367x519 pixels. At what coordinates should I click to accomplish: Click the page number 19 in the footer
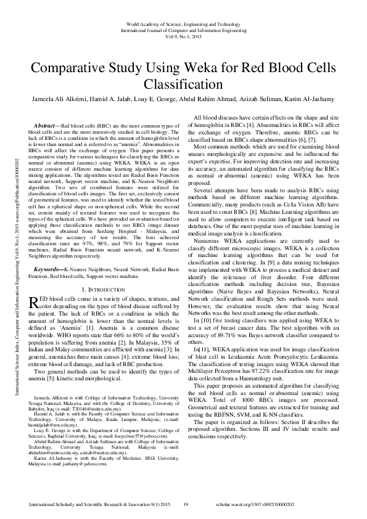click(185, 505)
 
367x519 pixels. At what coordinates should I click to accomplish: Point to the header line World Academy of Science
click(183, 23)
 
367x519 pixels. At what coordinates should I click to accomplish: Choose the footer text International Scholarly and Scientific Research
click(91, 505)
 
